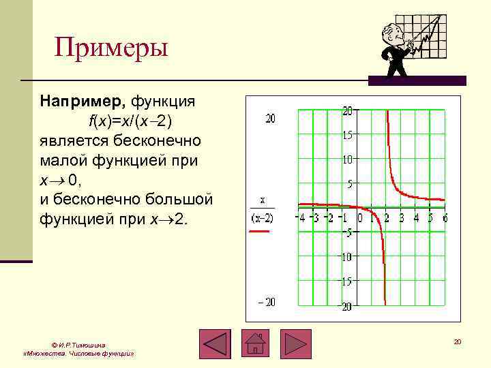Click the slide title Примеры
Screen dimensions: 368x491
click(x=111, y=49)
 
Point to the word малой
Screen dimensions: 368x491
click(x=63, y=161)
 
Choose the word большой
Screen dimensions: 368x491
click(x=179, y=200)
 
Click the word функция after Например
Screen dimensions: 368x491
click(x=163, y=102)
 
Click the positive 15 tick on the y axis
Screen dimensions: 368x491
click(x=346, y=135)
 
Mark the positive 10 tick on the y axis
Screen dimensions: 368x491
click(x=346, y=159)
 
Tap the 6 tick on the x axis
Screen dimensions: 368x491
click(x=444, y=218)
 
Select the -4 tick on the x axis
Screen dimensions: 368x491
click(x=299, y=218)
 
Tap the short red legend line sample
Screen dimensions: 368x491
click(x=261, y=232)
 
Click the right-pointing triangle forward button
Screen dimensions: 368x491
click(x=295, y=344)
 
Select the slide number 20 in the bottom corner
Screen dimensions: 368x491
click(x=458, y=341)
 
